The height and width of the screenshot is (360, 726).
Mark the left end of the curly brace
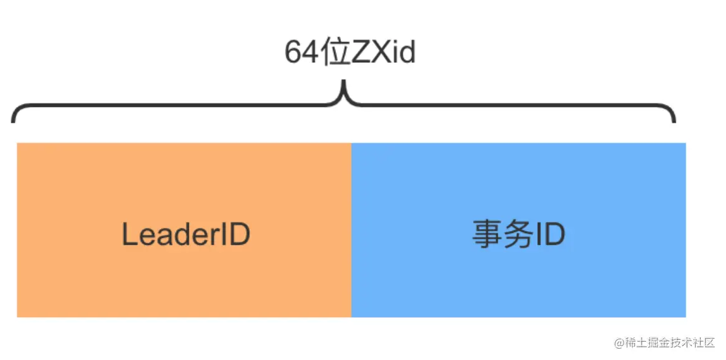13,120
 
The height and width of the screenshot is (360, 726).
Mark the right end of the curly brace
674,120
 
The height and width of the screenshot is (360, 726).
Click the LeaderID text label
186,235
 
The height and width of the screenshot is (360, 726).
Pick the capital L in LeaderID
128,235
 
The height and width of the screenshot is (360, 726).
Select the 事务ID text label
518,235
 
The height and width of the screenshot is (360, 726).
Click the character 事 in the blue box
485,235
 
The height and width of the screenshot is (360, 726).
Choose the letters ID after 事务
550,235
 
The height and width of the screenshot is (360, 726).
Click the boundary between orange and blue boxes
351,230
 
